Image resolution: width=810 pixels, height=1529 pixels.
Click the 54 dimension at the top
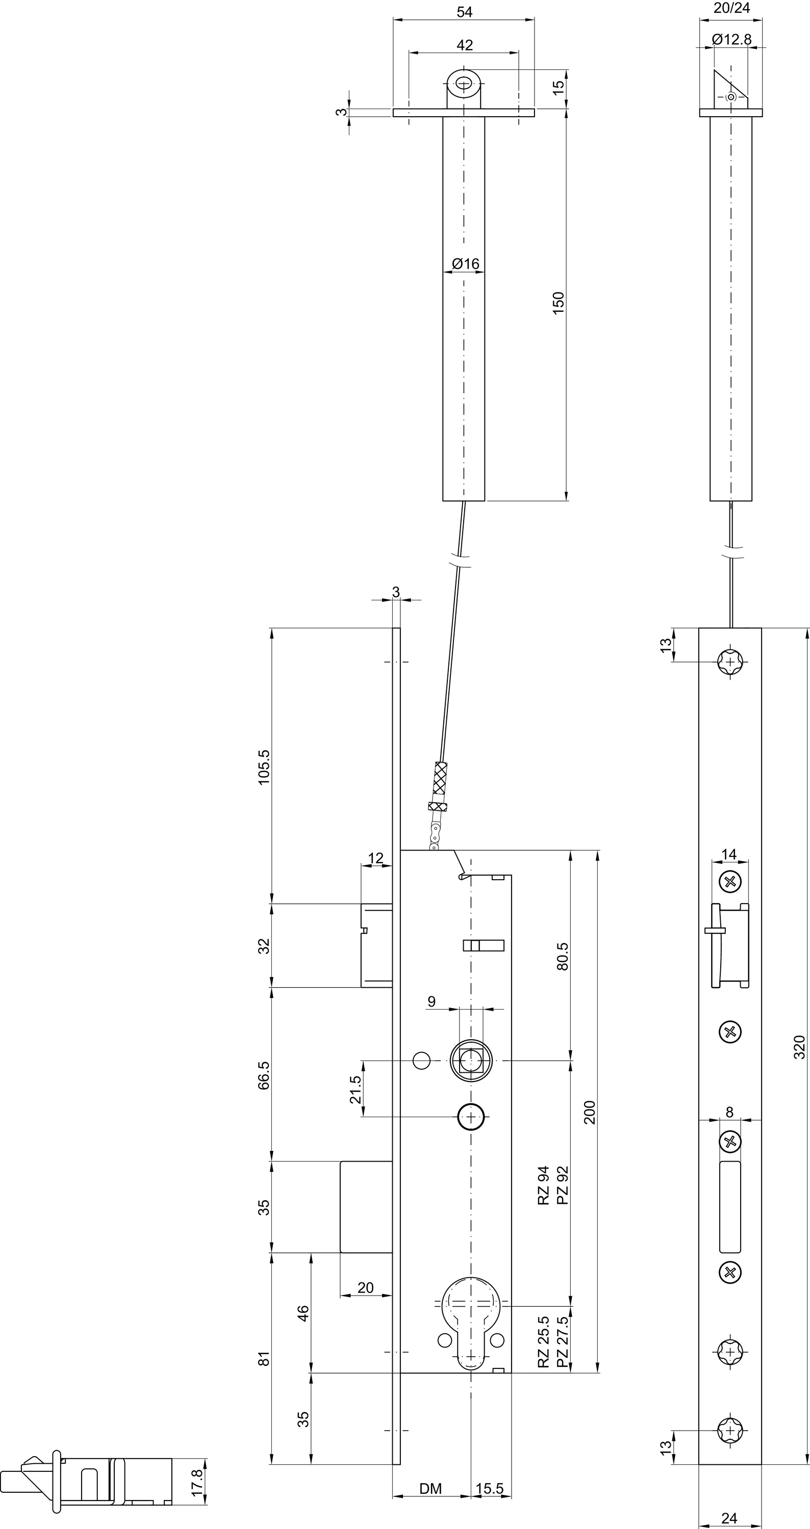click(464, 12)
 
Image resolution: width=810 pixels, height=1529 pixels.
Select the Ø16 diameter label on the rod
click(466, 263)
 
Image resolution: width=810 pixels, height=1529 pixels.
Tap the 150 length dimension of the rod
click(558, 303)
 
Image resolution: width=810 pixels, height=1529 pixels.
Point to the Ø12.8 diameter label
click(731, 39)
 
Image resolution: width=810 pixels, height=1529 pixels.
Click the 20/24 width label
click(731, 8)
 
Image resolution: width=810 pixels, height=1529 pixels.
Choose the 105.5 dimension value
click(264, 767)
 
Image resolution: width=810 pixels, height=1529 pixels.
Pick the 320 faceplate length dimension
click(799, 1047)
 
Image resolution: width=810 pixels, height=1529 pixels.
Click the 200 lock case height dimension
click(590, 1112)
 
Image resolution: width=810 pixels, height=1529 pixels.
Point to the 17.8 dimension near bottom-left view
click(198, 1482)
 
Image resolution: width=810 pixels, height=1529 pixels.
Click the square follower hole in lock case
click(471, 1060)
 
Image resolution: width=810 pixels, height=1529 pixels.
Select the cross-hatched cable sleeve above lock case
click(440, 778)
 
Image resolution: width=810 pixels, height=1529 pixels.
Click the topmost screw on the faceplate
click(730, 661)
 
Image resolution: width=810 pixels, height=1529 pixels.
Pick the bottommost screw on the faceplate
click(730, 1430)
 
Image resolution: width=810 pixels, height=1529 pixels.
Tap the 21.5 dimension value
click(355, 1089)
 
